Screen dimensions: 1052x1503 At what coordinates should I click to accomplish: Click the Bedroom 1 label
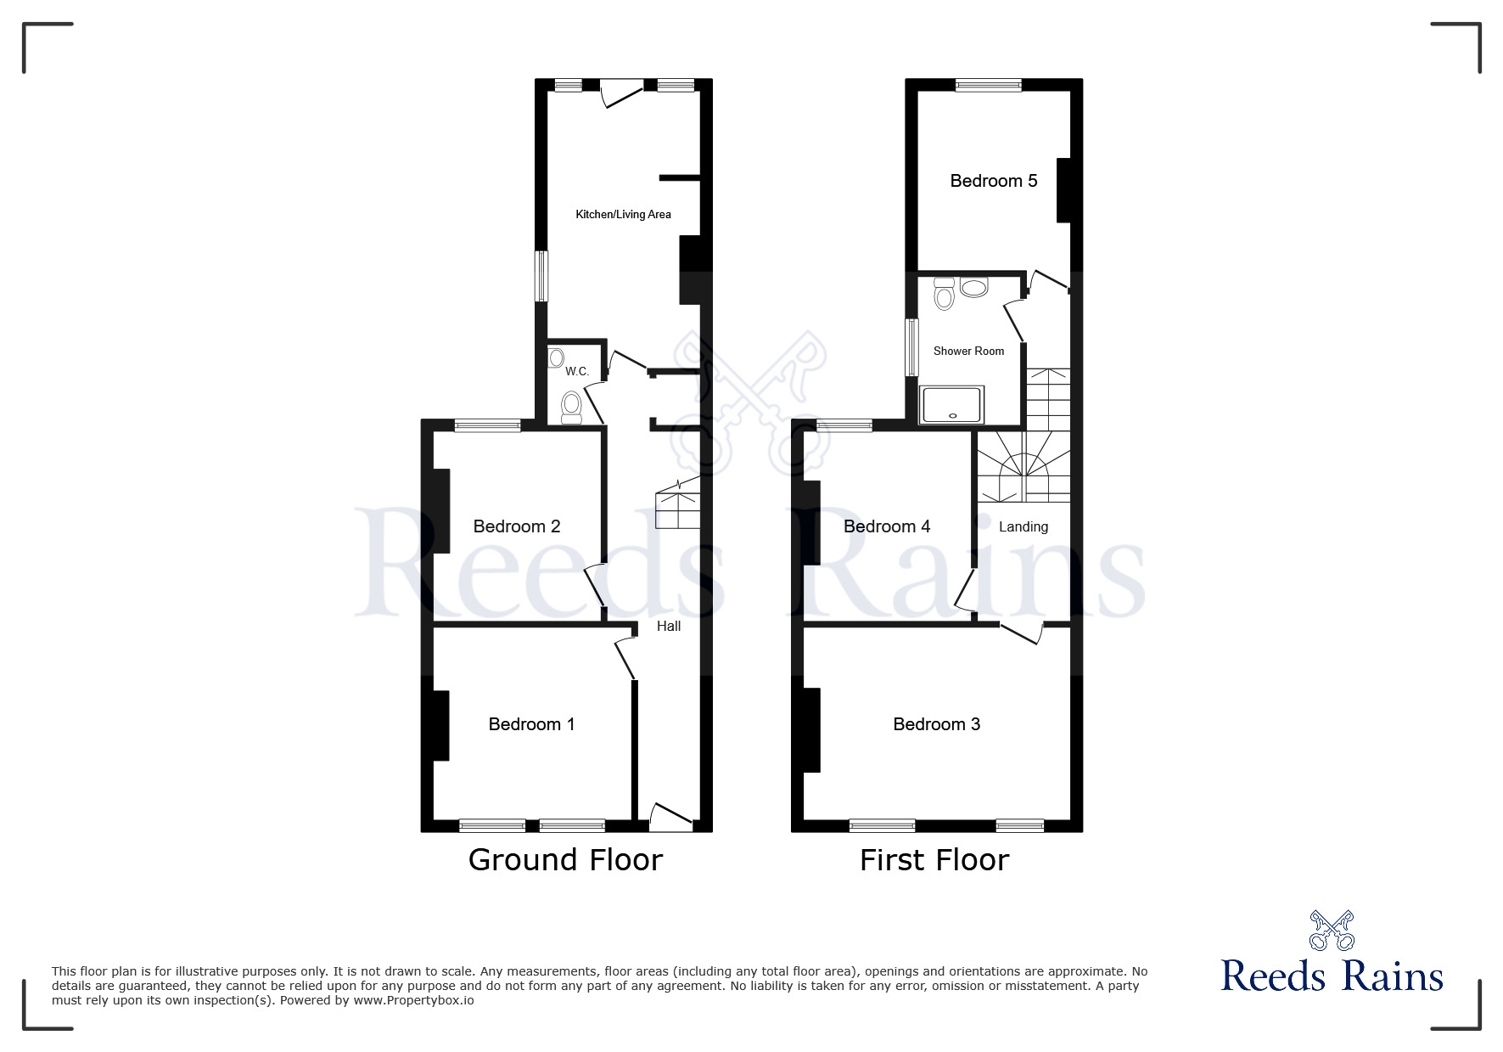[x=531, y=724]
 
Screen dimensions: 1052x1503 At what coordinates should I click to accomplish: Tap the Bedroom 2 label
[x=516, y=526]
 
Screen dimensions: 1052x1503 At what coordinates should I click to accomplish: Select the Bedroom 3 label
[x=936, y=724]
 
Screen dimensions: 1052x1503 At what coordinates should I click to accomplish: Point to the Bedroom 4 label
[x=886, y=526]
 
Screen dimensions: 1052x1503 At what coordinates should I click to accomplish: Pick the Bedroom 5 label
[x=993, y=181]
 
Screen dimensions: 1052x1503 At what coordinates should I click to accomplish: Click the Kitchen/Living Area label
[x=623, y=215]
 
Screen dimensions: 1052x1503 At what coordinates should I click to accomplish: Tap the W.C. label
[x=577, y=372]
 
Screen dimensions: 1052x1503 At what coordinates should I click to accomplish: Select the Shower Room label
[x=968, y=352]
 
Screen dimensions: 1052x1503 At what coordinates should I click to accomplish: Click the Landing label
[x=1023, y=527]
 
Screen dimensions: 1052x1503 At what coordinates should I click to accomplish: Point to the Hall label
[x=669, y=627]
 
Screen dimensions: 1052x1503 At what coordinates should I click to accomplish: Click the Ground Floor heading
[x=565, y=860]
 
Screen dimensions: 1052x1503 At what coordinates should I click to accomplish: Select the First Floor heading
[x=934, y=860]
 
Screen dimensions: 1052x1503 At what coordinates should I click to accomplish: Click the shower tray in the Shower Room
[x=951, y=404]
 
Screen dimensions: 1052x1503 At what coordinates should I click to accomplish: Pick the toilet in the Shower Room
[x=944, y=295]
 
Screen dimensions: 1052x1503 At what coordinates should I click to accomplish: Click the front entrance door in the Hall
[x=670, y=817]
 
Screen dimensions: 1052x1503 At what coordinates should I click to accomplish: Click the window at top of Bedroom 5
[x=988, y=85]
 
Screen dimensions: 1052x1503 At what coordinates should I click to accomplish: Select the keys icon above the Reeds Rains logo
[x=1331, y=930]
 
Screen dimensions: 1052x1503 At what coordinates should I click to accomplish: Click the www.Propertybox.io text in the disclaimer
[x=413, y=1000]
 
